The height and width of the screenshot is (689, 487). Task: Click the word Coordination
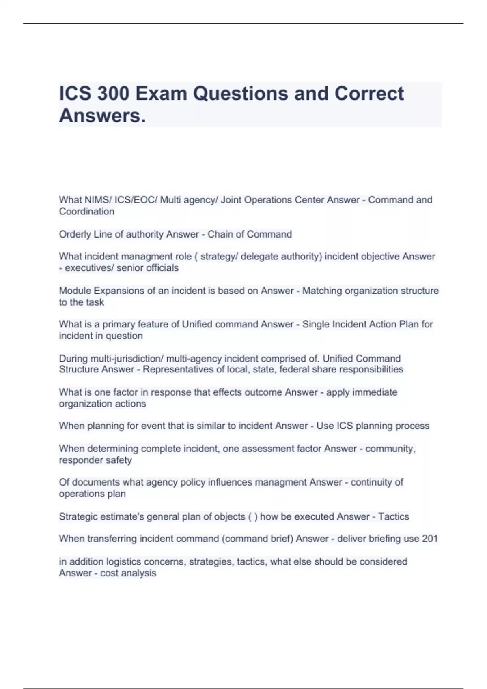[x=86, y=211]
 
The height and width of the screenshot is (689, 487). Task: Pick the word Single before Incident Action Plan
[x=315, y=324]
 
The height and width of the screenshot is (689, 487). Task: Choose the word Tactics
[x=394, y=516]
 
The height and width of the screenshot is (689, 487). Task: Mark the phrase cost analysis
[x=128, y=573]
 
